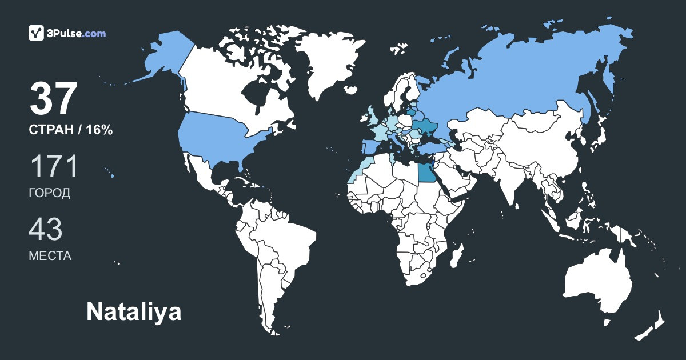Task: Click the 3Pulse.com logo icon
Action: (x=37, y=33)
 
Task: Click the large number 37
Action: (x=53, y=99)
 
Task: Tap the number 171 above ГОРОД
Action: (x=53, y=167)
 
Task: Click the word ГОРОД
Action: (x=50, y=193)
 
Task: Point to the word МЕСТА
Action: (x=50, y=256)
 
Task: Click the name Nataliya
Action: (x=134, y=312)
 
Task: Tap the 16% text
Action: (x=99, y=130)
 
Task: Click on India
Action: (x=506, y=177)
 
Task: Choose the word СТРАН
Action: (x=51, y=130)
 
